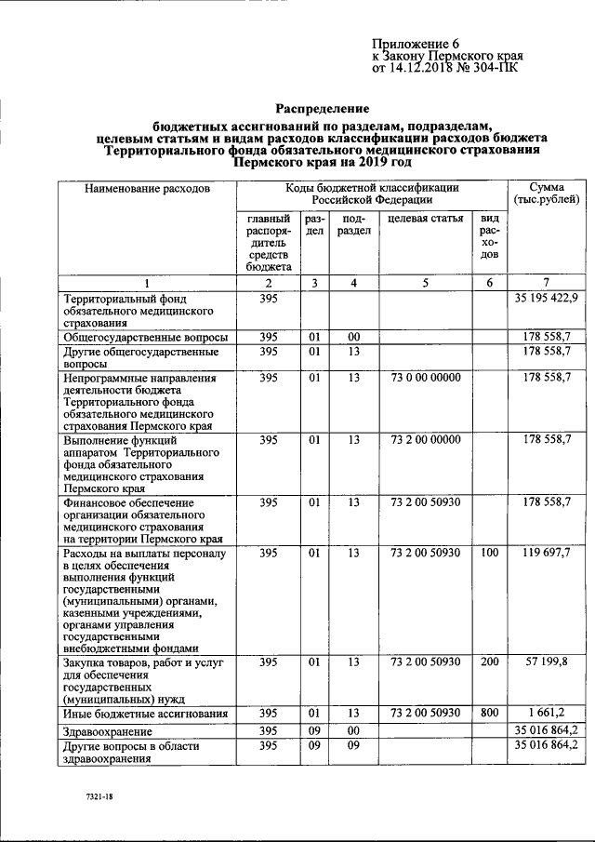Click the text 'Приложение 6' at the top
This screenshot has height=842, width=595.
[416, 44]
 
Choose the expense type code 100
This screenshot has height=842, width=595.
[488, 553]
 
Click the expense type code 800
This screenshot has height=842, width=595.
[488, 713]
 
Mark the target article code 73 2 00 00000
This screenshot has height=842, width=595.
[426, 439]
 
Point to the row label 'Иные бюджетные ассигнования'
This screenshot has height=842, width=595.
[146, 715]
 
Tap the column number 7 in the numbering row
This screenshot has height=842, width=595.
[547, 282]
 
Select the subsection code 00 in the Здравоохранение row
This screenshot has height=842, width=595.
[353, 730]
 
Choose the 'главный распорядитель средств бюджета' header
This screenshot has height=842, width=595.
[269, 242]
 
